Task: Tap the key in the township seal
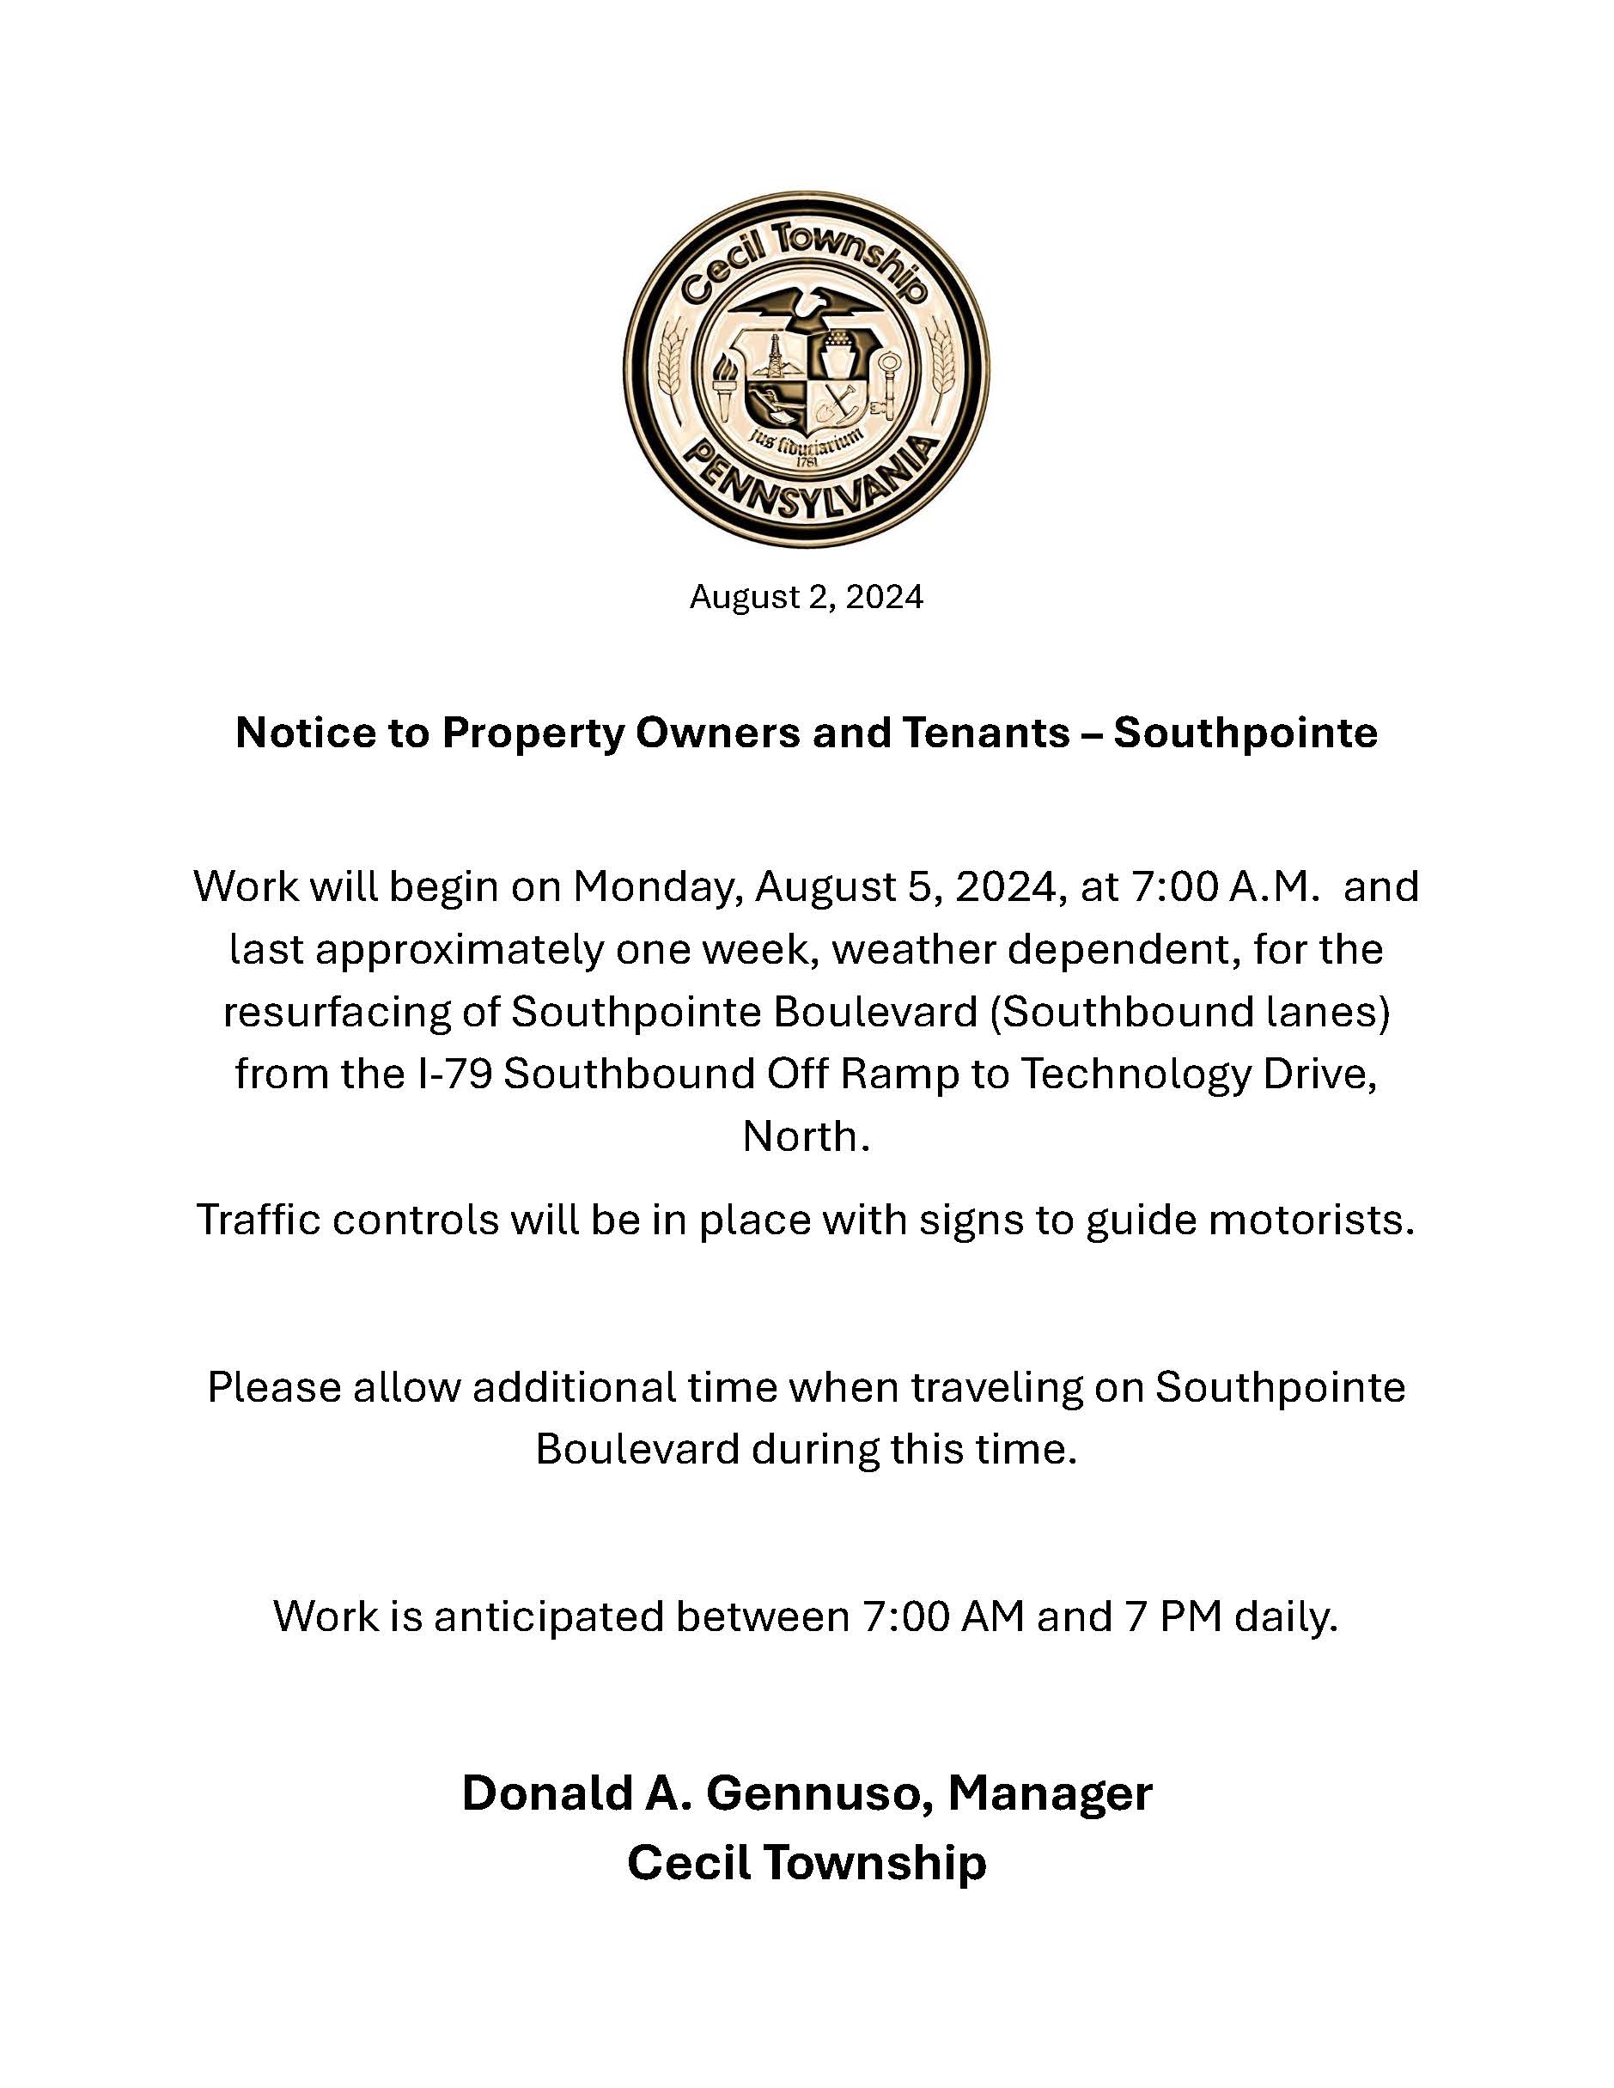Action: tap(889, 383)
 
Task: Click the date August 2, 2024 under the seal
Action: tap(806, 598)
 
